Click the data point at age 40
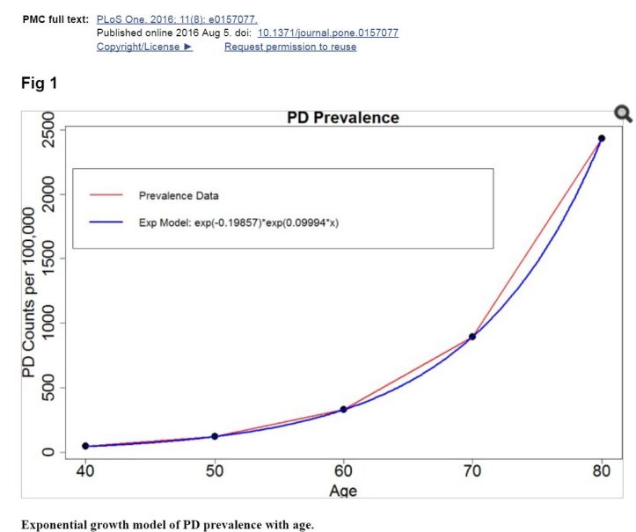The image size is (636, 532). [85, 446]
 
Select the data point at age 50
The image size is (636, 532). [215, 436]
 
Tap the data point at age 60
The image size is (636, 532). [343, 409]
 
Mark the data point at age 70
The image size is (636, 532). [472, 336]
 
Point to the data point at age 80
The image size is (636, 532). [602, 138]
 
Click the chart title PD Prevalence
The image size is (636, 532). [343, 118]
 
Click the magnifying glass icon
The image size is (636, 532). [623, 113]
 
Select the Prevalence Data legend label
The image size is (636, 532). [179, 195]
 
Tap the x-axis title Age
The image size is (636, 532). [343, 490]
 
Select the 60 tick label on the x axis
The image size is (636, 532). [343, 470]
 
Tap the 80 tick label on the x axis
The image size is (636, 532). [602, 470]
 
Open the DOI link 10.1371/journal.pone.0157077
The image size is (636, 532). [328, 33]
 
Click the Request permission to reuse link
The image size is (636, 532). [290, 47]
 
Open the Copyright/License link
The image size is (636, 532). [143, 47]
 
